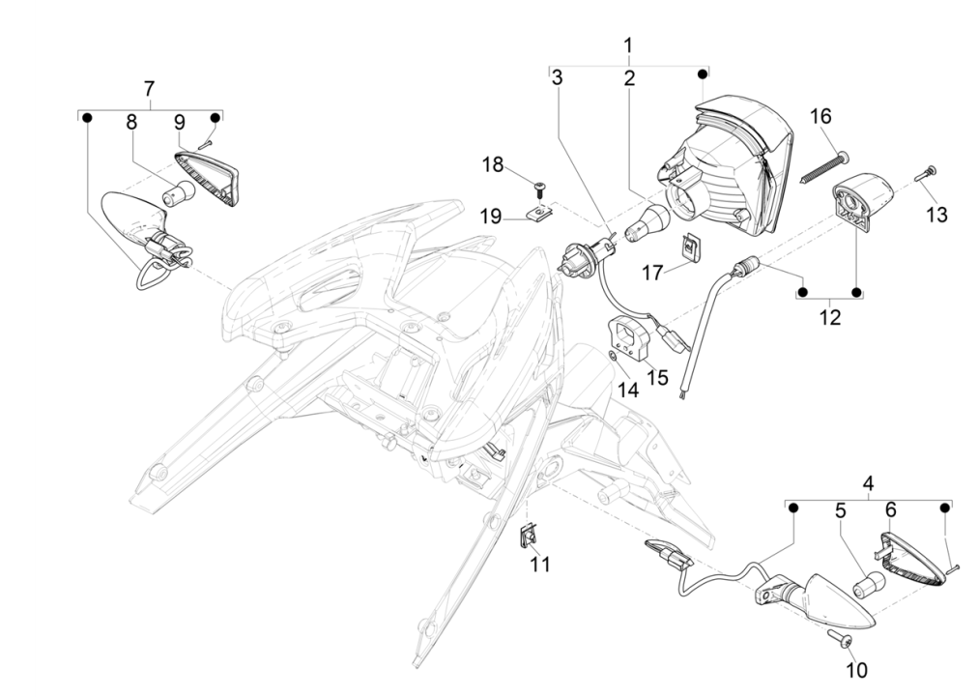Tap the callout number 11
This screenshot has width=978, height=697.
[540, 564]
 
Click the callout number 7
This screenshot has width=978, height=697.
[149, 89]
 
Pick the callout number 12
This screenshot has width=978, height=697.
[829, 316]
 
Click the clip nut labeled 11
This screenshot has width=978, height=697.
[529, 533]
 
